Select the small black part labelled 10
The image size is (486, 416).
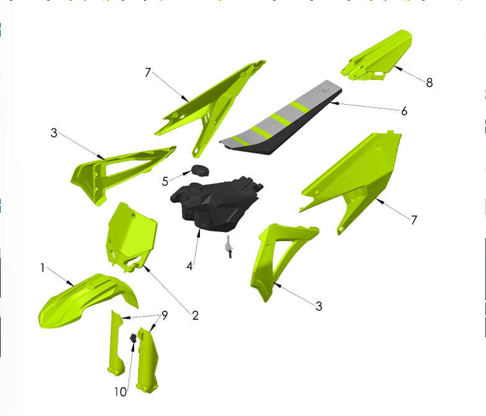pos(132,339)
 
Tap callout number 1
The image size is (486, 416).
pos(42,268)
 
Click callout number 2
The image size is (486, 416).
pos(195,316)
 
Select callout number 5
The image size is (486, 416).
pos(165,181)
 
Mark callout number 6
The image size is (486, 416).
pos(404,111)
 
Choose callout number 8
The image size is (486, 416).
pos(430,82)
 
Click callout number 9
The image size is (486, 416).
pos(164,315)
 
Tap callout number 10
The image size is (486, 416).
pos(120,392)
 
